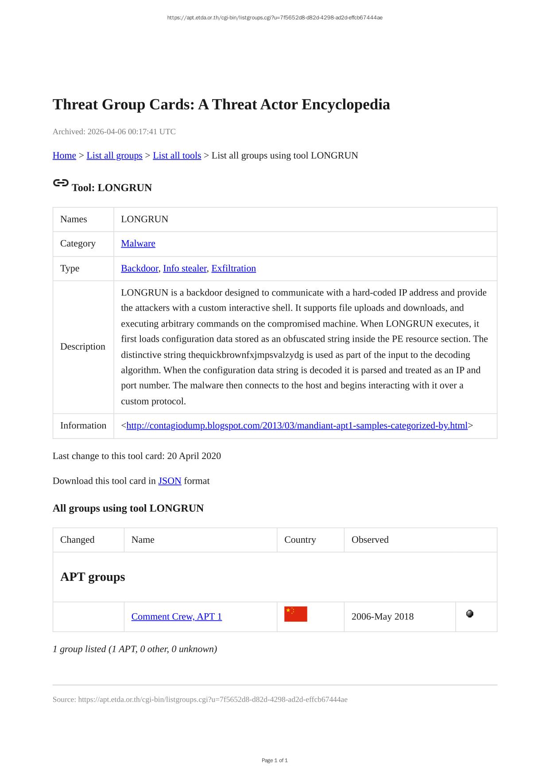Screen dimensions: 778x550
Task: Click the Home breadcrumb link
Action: coord(64,156)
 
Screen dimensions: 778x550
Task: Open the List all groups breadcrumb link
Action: coord(114,156)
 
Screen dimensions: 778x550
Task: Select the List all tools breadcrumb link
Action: coord(177,156)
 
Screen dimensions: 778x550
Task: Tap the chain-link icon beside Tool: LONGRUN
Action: coord(61,183)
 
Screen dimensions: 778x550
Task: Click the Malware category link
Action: coord(138,244)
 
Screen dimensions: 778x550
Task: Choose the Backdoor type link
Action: coord(139,268)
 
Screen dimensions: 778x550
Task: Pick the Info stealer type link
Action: coord(185,268)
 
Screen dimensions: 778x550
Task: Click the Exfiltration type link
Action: coord(233,268)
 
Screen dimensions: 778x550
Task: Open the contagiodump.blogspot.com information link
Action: coord(297,426)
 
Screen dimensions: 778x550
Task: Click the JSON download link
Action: coord(170,481)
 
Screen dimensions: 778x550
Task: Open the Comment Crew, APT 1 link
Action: coord(176,617)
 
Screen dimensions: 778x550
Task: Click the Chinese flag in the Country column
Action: coord(295,614)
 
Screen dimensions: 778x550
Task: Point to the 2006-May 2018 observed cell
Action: coord(382,617)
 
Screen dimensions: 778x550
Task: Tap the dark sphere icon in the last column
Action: coord(470,614)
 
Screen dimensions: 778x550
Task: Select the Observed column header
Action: coord(370,540)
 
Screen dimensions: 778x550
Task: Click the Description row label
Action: coord(82,346)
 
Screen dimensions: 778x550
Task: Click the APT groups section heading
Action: coord(93,577)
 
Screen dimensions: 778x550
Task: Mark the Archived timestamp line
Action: coord(114,132)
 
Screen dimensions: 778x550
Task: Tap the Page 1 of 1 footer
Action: coord(275,760)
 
